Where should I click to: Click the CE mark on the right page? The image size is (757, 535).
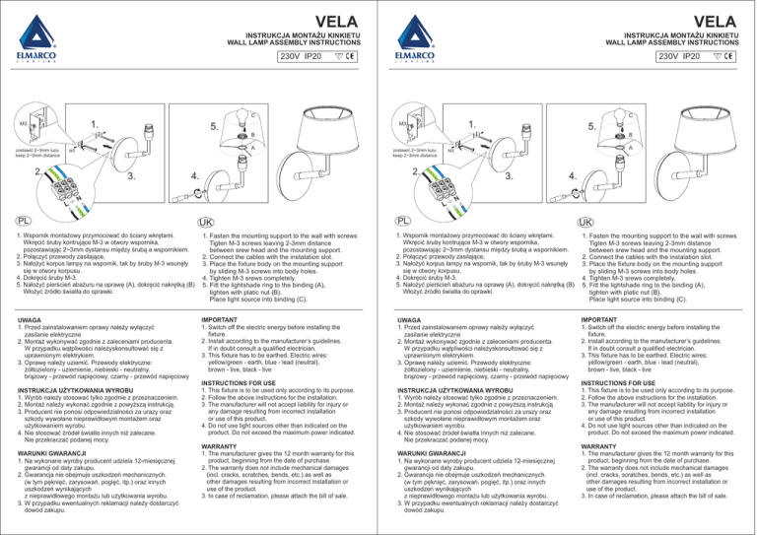pos(734,55)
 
